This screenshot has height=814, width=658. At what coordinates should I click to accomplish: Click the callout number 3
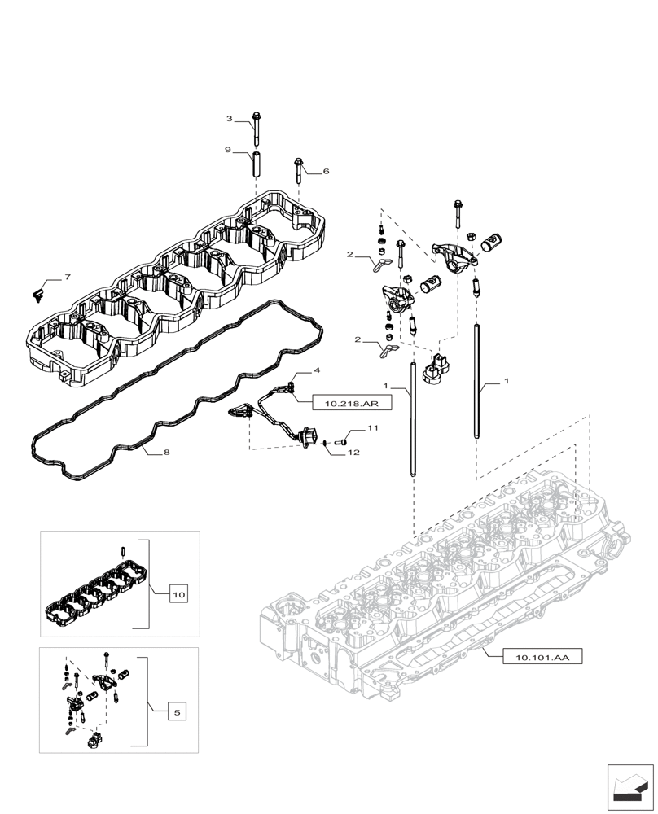click(x=230, y=120)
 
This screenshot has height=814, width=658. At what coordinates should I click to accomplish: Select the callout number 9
click(x=230, y=151)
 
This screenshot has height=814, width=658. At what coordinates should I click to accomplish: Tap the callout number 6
click(x=326, y=172)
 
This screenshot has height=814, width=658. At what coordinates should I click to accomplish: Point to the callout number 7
click(x=68, y=278)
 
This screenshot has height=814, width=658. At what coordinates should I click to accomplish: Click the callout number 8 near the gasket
click(x=166, y=452)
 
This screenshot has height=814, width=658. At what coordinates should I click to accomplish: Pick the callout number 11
click(x=372, y=428)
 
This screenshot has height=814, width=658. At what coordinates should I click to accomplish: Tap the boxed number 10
click(x=178, y=596)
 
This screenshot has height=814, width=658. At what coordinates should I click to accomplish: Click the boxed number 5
click(x=178, y=712)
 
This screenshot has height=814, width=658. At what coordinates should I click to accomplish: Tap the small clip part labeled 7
click(x=37, y=291)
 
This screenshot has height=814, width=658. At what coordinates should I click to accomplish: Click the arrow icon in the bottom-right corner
click(x=630, y=786)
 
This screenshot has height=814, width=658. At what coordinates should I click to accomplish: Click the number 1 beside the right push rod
click(x=507, y=381)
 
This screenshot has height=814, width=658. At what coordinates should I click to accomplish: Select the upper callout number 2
click(x=349, y=255)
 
